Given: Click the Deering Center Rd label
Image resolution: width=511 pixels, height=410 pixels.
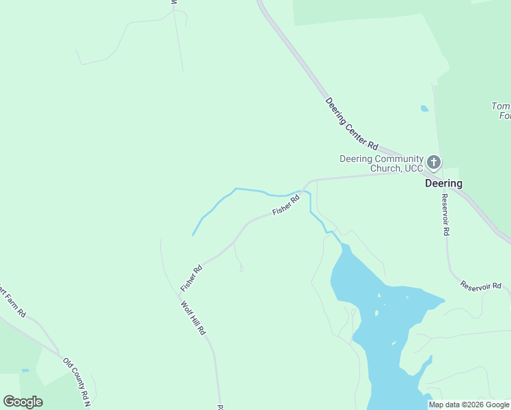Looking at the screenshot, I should click(352, 124).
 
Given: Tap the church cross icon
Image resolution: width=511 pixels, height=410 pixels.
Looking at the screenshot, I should click(434, 163).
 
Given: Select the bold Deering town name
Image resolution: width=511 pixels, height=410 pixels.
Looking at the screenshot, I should click(443, 183).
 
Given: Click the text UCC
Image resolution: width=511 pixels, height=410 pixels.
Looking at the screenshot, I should click(409, 168).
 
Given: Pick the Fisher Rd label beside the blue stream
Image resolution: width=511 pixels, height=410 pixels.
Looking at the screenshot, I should click(286, 206).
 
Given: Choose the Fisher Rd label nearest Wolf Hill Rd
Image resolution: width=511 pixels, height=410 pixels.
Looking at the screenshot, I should click(191, 278).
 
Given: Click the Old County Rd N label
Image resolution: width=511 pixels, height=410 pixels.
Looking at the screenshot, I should click(77, 382).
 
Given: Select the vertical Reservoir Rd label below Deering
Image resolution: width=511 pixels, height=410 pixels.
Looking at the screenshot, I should click(445, 215).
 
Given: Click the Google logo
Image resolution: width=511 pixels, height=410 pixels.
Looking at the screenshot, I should click(23, 402).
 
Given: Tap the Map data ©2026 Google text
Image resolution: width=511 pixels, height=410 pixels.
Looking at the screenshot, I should click(469, 405).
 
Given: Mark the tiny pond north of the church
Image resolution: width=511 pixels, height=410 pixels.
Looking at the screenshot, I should click(424, 108).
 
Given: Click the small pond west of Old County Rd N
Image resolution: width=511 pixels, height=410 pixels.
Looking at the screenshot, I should click(25, 370).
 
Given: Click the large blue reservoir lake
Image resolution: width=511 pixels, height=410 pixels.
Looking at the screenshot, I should click(372, 301).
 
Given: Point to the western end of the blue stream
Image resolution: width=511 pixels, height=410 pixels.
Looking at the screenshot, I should click(193, 235).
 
